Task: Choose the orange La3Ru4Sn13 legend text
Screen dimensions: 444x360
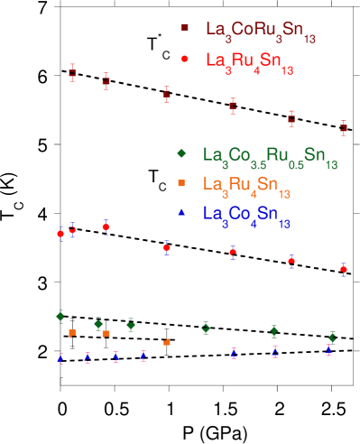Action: tap(246, 186)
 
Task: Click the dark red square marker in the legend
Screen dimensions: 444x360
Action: tap(185, 28)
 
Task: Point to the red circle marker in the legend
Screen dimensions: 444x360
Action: tap(185, 58)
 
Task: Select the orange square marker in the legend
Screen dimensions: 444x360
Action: tap(181, 182)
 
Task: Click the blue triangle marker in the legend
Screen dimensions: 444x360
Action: tap(181, 212)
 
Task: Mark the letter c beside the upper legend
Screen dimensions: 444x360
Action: tap(165, 55)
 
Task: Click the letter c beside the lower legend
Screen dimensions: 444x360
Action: tap(162, 187)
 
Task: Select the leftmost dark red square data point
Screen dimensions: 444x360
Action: tap(73, 73)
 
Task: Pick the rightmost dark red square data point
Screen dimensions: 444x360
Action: tap(343, 128)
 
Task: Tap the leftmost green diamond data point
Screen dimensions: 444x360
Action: tap(60, 316)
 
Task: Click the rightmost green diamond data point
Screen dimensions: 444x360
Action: tap(332, 338)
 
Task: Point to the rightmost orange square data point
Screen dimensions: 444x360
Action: tap(167, 342)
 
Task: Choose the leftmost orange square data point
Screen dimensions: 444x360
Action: tap(72, 333)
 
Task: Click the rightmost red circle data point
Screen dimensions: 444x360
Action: tap(343, 268)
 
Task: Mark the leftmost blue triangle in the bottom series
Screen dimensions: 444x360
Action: tap(60, 358)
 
